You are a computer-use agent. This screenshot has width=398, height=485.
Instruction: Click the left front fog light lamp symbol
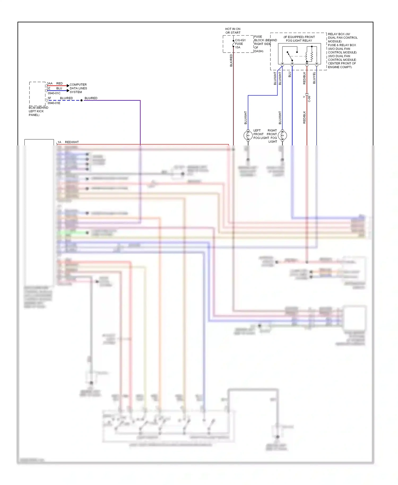pos(248,136)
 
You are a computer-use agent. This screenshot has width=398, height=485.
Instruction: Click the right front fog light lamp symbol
pos(282,136)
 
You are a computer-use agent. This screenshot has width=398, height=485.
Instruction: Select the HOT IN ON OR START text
pos(233,31)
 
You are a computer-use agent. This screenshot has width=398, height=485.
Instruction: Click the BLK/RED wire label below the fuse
pos(231,60)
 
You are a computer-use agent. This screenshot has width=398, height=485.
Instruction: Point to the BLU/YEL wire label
pos(314,78)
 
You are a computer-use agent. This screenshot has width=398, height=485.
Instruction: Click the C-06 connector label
pos(309,99)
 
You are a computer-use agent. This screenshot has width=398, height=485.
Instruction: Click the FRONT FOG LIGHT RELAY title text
pos(299,39)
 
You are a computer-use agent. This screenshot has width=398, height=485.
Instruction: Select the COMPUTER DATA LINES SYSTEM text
pos(78,88)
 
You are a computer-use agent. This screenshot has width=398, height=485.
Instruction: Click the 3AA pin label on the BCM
pos(50,83)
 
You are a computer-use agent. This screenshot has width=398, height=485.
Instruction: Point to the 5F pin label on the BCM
pos(49,98)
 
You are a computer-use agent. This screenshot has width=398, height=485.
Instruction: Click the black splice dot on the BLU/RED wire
pos(81,101)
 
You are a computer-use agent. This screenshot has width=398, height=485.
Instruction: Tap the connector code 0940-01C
pos(54,93)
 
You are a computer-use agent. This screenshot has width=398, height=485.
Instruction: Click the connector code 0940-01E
pos(54,103)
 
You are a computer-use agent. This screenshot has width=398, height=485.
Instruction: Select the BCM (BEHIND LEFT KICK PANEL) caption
pos(38,111)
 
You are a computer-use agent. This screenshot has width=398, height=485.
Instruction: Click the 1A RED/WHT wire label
pos(68,142)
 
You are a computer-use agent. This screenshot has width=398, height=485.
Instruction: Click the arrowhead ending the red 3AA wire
pos(68,86)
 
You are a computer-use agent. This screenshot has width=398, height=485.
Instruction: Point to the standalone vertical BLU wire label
pos(290,75)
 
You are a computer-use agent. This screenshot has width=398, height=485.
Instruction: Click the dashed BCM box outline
pos(29,94)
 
